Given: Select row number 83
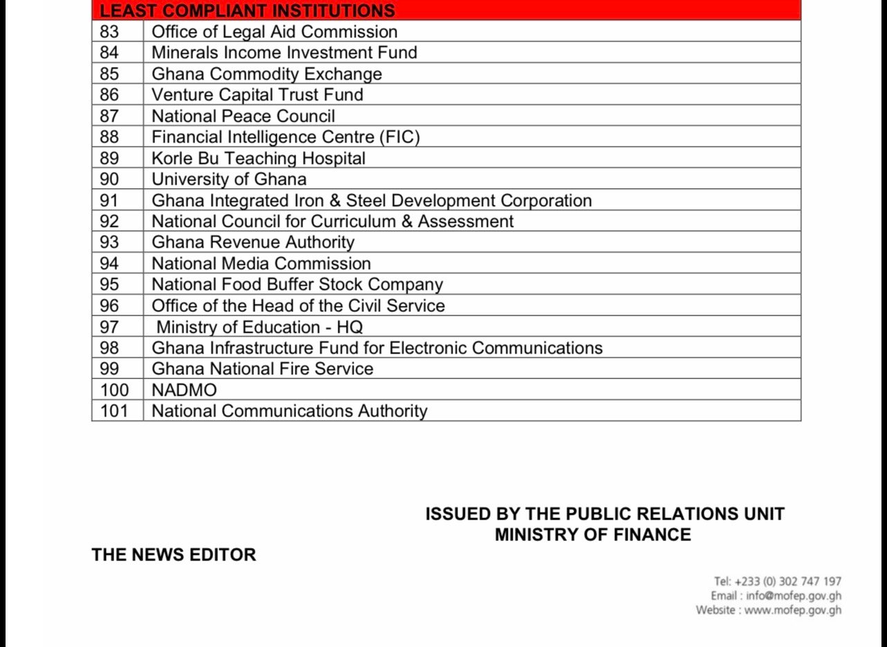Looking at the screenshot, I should pos(109,32).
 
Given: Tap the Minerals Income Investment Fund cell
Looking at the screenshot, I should pos(284,53).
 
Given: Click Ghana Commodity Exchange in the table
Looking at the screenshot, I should pos(266,74).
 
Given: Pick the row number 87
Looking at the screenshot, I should pos(109,116).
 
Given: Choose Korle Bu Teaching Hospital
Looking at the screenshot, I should pos(258,158).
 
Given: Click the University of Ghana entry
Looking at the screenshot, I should pos(229,179).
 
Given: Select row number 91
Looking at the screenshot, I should pos(109,201).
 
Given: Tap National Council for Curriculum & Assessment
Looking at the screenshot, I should pos(333,221).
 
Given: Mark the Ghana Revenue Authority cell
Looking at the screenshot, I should pos(253,242).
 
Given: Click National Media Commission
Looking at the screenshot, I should pos(261,264).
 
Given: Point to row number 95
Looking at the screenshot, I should pos(109,284).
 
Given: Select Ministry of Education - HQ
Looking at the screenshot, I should pos(259,327).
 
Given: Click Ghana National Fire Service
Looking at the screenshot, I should pos(262,369).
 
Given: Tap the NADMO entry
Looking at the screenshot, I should pos(184,390).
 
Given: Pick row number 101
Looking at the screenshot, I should pos(114,411).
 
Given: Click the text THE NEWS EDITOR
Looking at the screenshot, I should pos(174,555).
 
